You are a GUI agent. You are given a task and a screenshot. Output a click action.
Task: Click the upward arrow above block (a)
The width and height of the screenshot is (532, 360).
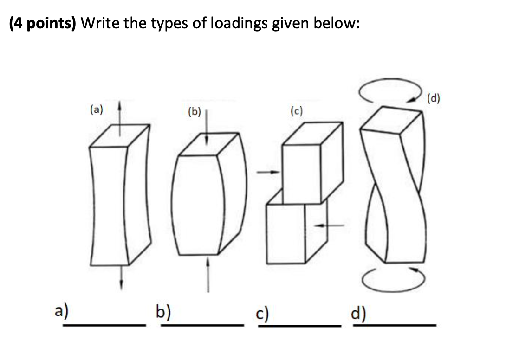click(x=121, y=116)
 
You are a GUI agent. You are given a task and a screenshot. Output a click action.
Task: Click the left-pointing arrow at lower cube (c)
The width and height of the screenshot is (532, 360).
click(x=329, y=225)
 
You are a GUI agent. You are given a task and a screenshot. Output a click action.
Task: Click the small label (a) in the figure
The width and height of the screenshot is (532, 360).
click(x=97, y=109)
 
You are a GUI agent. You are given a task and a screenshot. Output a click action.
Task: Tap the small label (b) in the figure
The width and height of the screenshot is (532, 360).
click(x=194, y=112)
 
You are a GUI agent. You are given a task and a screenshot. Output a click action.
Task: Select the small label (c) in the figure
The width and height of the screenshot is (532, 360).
click(x=296, y=111)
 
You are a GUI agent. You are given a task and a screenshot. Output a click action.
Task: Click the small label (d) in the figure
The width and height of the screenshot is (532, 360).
click(x=435, y=98)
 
